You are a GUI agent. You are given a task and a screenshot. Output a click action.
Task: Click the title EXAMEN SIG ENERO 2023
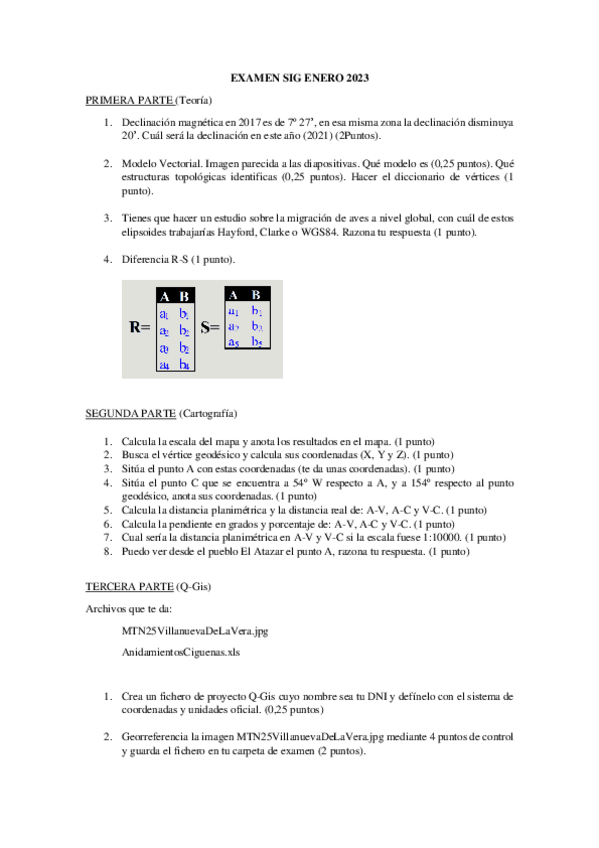point(299,77)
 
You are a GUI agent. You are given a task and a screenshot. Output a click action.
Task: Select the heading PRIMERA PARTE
point(130,100)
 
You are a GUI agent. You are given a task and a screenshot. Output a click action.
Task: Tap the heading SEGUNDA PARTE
point(131,412)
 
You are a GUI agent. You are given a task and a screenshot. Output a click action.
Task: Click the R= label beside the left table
point(140,327)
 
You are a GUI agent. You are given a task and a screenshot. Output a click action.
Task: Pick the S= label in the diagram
point(210,327)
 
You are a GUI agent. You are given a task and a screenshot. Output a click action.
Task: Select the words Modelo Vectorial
point(159,163)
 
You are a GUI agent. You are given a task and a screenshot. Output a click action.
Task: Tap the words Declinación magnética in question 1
point(177,122)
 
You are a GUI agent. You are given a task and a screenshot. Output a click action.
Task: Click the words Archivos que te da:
point(129,606)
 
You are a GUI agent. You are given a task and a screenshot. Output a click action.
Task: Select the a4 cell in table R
point(165,365)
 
